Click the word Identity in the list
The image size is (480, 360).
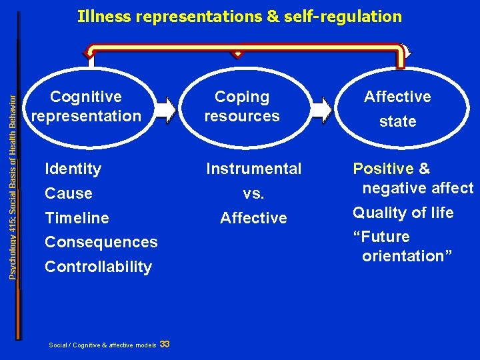73,169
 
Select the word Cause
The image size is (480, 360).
68,194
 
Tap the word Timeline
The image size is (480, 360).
77,218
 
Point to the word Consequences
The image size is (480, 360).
101,243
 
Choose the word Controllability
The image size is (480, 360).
98,267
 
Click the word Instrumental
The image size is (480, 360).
253,169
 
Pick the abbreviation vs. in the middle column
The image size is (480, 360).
253,194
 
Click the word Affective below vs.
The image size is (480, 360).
253,218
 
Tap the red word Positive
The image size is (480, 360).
383,169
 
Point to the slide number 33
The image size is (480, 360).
165,344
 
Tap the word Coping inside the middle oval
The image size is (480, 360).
242,97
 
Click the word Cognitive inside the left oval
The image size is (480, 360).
86,97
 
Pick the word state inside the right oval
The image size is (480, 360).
397,122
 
